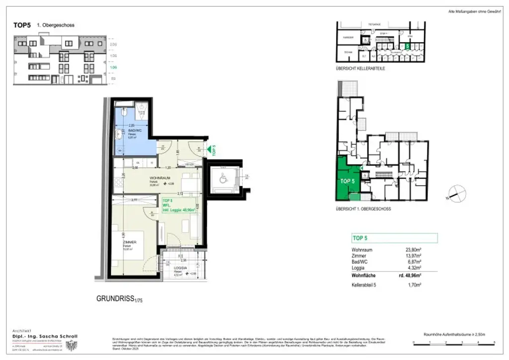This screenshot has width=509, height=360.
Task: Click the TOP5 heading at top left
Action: click(22, 25)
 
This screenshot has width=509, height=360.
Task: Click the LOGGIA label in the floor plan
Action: click(180, 268)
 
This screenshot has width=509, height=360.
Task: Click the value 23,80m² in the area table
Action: click(413, 250)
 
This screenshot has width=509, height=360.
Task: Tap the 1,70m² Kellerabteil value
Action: click(414, 285)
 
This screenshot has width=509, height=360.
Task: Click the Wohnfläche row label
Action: click(363, 275)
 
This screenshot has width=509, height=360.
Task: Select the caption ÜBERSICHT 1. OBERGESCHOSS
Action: click(363, 209)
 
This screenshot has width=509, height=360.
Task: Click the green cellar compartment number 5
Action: click(407, 46)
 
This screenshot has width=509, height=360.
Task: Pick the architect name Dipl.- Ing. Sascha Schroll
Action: click(45, 337)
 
